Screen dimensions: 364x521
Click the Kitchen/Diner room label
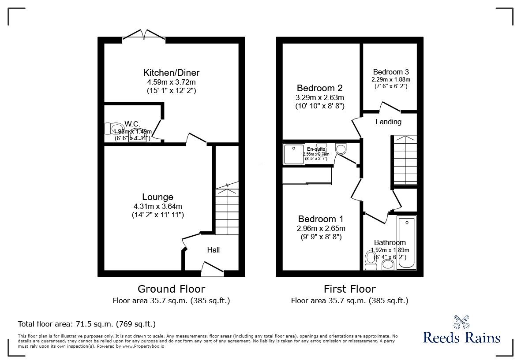(171, 73)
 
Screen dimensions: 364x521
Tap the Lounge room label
(157, 197)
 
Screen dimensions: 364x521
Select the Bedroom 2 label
(319, 88)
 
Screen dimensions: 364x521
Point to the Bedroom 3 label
(390, 72)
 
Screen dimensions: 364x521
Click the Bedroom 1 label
(320, 219)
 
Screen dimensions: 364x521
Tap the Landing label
(388, 122)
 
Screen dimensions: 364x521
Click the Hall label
(214, 250)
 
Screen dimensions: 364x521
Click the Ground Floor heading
(171, 289)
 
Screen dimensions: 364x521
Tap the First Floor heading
(349, 289)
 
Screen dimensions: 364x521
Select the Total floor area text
(86, 324)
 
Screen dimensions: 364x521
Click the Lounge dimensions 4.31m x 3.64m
(157, 206)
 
